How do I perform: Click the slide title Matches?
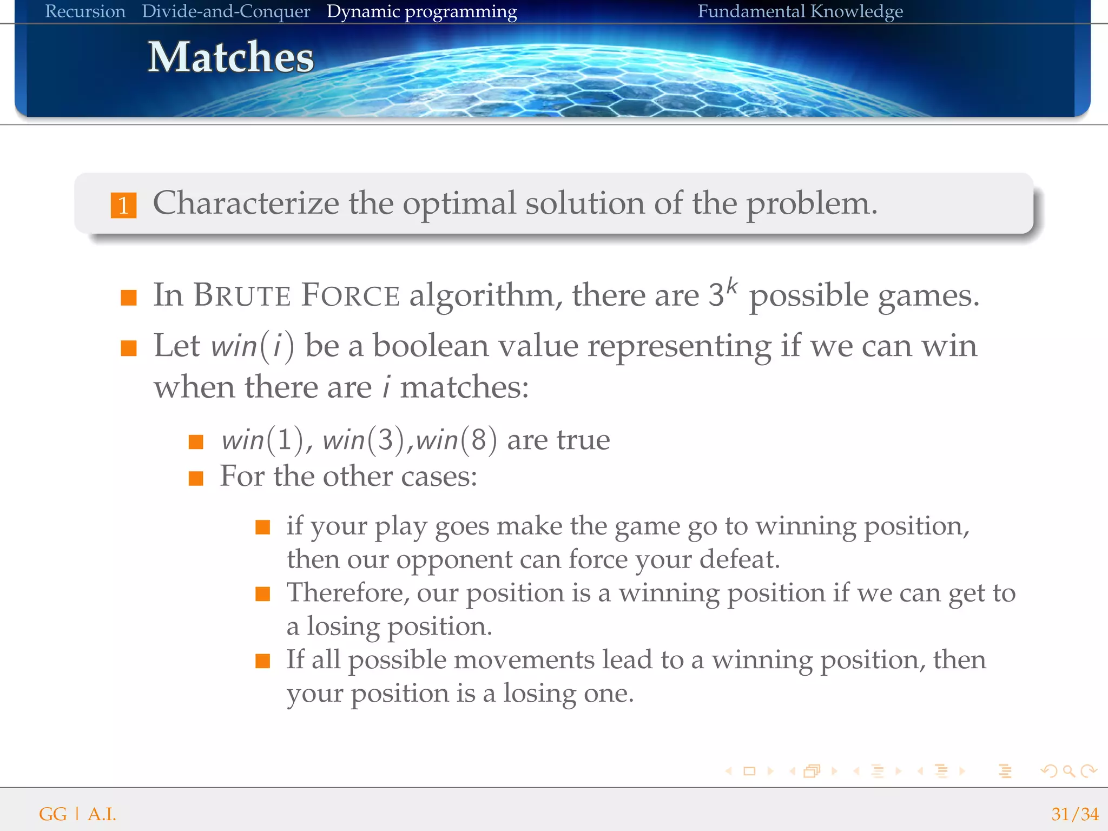point(231,57)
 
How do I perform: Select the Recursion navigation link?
point(85,11)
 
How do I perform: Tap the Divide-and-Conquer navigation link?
point(226,11)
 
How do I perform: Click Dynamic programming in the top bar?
point(421,11)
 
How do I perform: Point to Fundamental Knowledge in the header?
point(800,11)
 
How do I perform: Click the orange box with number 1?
point(123,206)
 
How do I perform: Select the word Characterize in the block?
point(246,203)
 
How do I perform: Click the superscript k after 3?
point(731,286)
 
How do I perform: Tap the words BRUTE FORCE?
point(296,295)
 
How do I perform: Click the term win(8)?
point(456,439)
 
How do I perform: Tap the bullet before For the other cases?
point(196,478)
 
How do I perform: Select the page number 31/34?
point(1074,814)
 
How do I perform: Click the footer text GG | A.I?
point(77,814)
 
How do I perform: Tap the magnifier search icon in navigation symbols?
point(1068,771)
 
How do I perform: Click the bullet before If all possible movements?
point(263,661)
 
